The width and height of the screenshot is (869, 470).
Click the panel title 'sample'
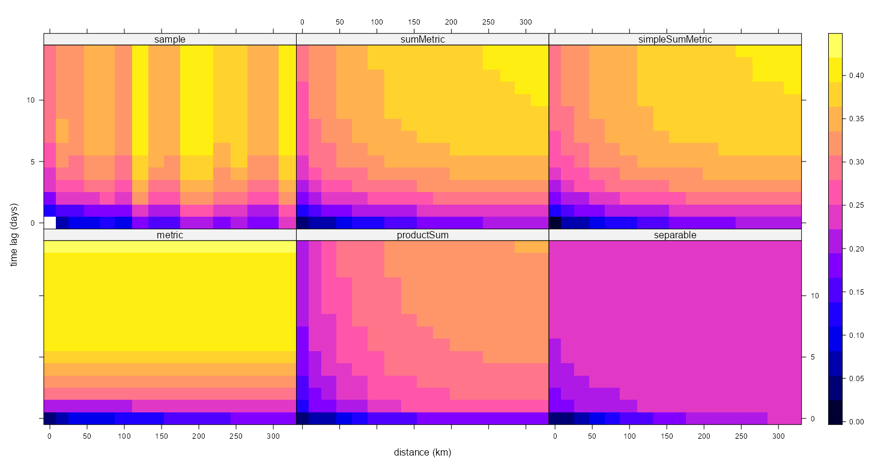click(x=169, y=39)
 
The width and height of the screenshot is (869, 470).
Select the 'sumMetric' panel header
click(x=422, y=39)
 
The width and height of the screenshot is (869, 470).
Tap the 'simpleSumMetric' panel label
click(x=675, y=39)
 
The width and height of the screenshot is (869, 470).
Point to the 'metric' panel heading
click(x=169, y=235)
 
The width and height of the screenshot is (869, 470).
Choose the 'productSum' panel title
click(x=422, y=235)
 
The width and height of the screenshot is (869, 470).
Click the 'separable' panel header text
click(x=675, y=235)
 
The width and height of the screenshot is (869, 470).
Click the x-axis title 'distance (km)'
click(x=422, y=452)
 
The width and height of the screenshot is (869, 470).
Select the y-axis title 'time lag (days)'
click(x=14, y=235)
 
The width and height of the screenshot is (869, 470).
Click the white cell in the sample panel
click(x=50, y=223)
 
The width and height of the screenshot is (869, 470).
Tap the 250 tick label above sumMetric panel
click(x=488, y=22)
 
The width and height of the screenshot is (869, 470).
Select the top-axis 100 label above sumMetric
click(x=377, y=22)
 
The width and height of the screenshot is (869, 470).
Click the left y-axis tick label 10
click(x=30, y=100)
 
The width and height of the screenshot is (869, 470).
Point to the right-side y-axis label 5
click(x=813, y=357)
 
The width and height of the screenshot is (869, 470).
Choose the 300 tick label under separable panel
click(x=778, y=436)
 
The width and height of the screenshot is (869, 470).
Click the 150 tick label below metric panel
click(x=162, y=436)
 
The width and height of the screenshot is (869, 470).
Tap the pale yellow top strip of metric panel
click(x=170, y=247)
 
